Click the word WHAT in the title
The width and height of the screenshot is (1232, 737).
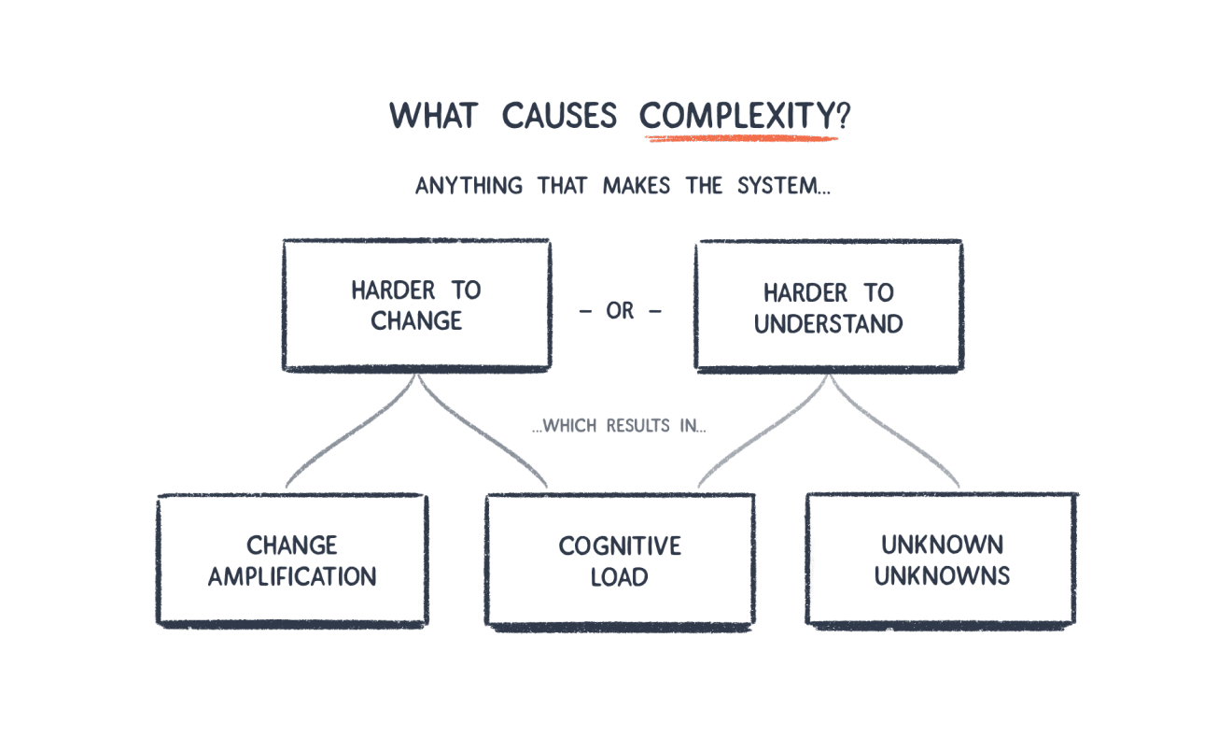point(433,116)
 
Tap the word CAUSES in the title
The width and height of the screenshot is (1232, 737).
point(559,116)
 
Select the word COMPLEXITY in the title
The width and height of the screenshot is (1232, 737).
point(736,116)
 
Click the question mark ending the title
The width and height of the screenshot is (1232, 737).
point(843,115)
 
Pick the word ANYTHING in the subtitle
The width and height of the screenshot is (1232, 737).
point(469,186)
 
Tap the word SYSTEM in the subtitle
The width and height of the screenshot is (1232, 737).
point(777,186)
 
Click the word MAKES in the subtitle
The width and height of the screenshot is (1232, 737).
point(637,186)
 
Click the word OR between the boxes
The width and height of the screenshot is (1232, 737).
point(620,311)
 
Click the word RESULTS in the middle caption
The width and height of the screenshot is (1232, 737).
point(638,426)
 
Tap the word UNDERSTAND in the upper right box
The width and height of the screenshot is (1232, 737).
point(828,324)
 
